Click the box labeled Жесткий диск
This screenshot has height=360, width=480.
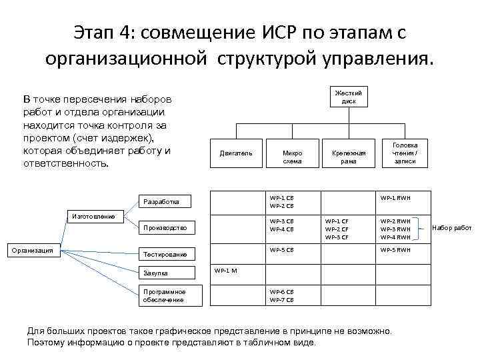click(x=349, y=97)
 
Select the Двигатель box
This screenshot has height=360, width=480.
click(x=236, y=153)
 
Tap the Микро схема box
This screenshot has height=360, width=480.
click(x=292, y=157)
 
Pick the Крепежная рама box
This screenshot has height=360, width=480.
click(x=349, y=157)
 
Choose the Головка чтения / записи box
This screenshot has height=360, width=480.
click(x=405, y=153)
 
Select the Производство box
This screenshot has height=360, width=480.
click(x=169, y=228)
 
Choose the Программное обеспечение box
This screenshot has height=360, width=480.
click(x=169, y=295)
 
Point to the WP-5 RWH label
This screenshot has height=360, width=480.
click(x=395, y=249)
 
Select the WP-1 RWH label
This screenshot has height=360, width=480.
click(x=395, y=197)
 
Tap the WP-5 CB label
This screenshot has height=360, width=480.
click(x=281, y=249)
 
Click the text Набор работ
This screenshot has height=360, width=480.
click(x=451, y=228)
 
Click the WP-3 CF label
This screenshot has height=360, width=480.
click(x=337, y=237)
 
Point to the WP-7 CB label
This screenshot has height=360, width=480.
click(x=281, y=300)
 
